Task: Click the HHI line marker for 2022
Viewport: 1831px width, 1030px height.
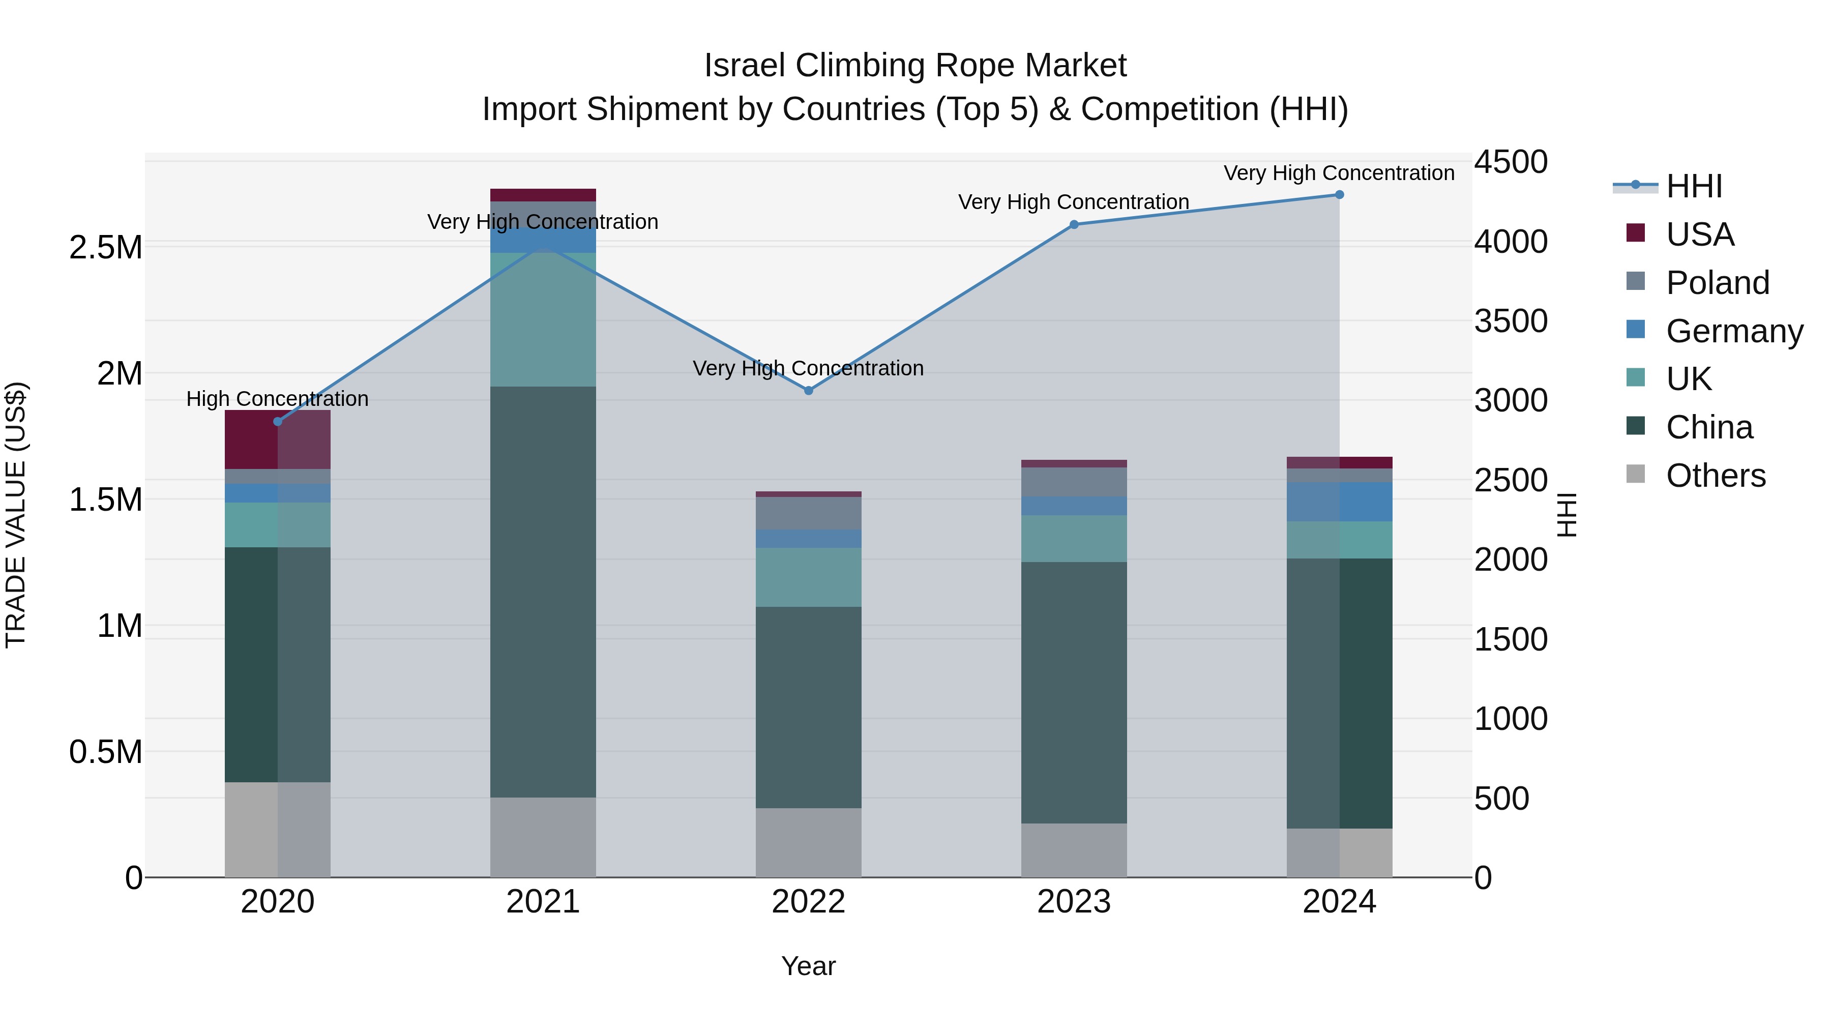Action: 808,390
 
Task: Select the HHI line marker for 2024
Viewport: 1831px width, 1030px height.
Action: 1339,195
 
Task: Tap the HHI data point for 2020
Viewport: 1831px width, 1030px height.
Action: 278,422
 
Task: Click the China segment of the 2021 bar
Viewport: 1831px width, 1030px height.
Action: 543,592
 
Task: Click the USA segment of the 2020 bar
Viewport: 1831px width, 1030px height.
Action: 278,439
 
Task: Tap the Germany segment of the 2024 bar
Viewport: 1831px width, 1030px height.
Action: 1339,502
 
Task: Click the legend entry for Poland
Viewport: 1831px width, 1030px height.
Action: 1717,282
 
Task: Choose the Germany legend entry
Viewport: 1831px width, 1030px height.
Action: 1734,331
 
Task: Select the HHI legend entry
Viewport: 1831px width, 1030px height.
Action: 1694,186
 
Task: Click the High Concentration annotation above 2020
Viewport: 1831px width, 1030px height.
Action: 277,399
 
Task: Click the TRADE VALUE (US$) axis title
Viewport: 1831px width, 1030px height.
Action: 16,515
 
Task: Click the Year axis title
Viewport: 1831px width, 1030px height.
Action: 808,966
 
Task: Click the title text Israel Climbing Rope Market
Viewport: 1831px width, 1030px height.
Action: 915,66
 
